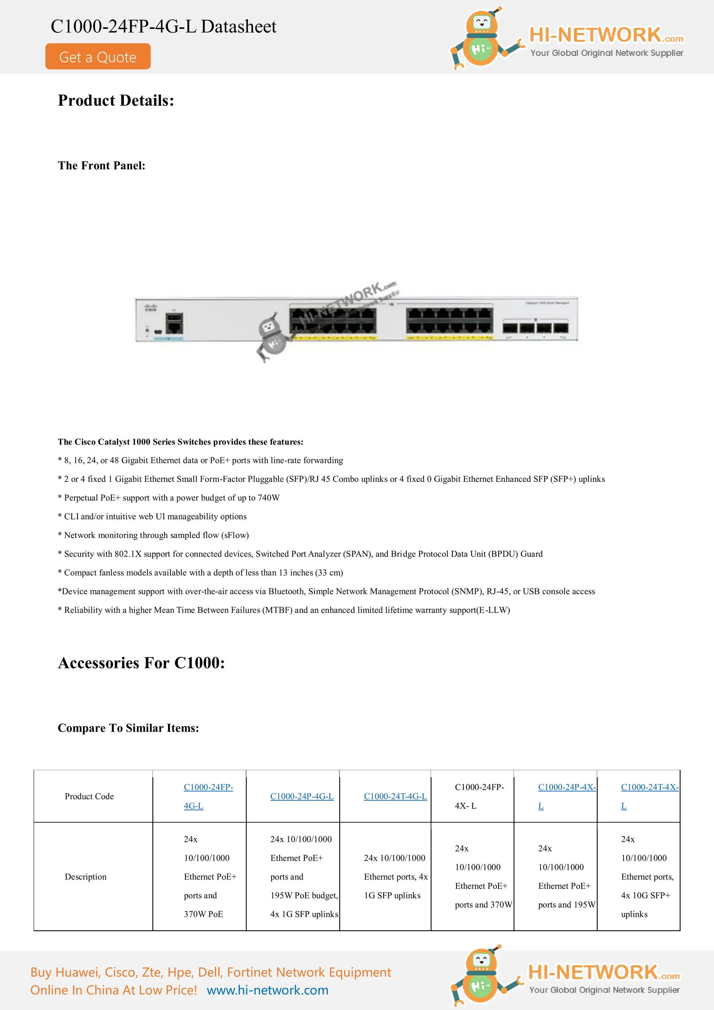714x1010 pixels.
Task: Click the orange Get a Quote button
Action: tap(98, 57)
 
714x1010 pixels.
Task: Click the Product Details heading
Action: tap(116, 101)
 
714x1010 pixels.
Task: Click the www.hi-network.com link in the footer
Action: tap(267, 990)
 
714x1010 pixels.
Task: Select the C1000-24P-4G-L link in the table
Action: tap(302, 797)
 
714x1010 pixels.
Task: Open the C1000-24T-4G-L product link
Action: tap(395, 797)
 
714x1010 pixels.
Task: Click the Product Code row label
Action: tap(89, 797)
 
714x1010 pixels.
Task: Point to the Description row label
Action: tap(86, 877)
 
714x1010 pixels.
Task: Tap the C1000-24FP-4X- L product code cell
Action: tap(479, 796)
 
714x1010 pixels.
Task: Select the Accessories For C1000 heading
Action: tap(141, 663)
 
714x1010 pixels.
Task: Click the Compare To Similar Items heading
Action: tap(128, 728)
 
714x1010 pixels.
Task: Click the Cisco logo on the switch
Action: tap(151, 307)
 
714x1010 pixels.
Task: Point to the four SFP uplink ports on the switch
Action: tap(535, 328)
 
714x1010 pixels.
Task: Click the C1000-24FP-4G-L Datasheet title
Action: tap(163, 27)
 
